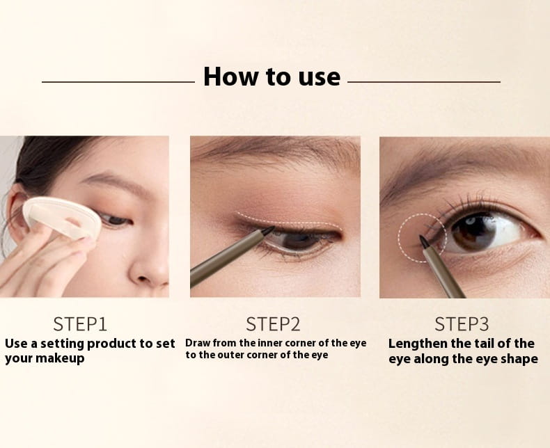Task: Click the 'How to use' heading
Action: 272,77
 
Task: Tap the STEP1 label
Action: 80,323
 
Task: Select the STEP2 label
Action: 273,323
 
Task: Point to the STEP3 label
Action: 462,323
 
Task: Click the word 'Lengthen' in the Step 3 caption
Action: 421,343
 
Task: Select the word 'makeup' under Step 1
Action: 61,358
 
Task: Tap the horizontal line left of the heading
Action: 118,82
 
